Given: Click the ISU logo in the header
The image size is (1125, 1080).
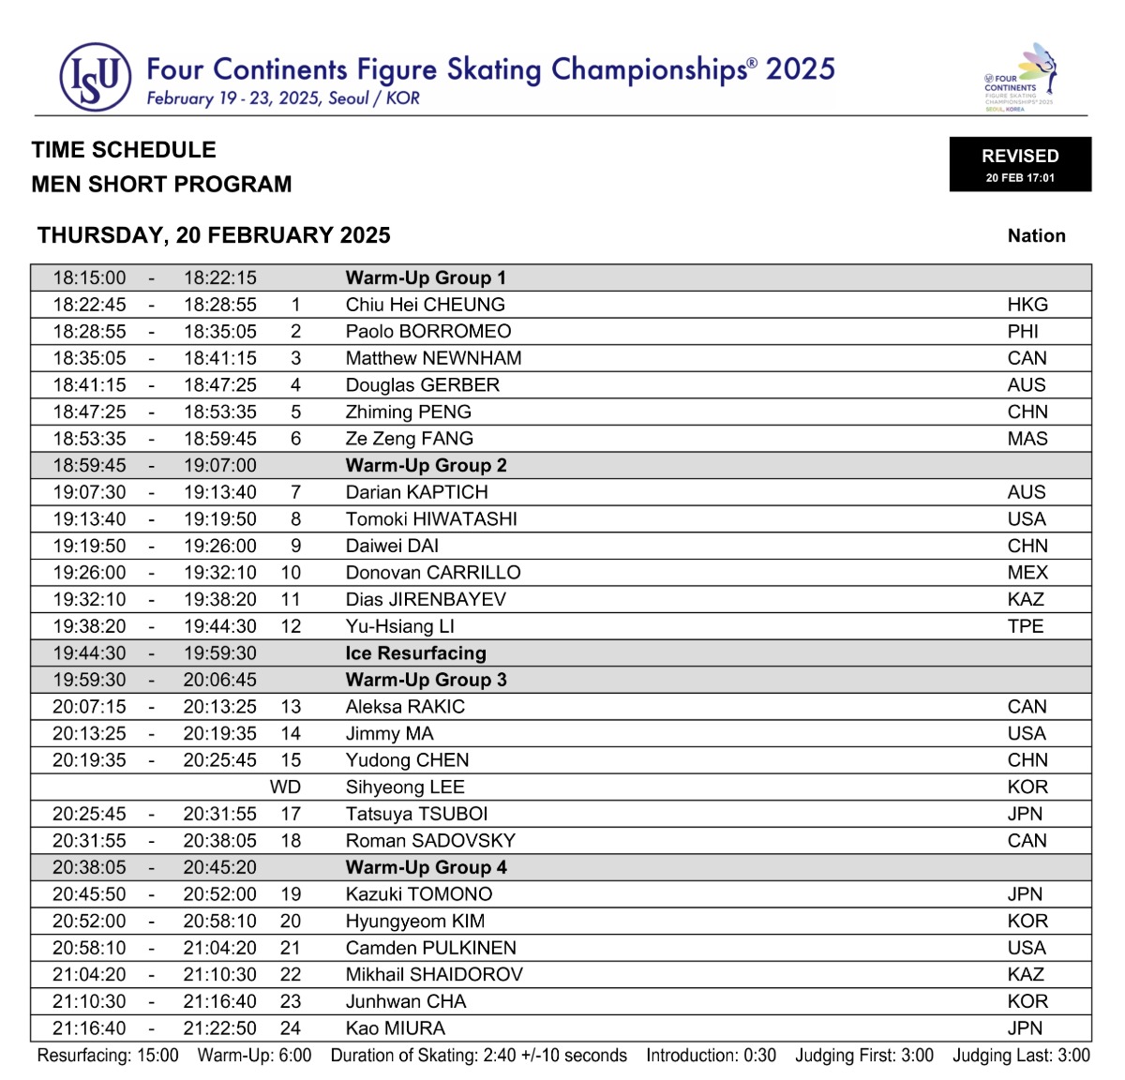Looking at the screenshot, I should tap(95, 78).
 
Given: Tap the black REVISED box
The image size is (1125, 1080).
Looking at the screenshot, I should tap(1020, 164).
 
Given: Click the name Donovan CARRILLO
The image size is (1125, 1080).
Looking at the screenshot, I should tap(432, 573).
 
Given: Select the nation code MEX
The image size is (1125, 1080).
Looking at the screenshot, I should tap(1027, 573).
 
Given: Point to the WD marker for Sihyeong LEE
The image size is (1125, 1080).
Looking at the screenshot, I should tap(285, 787).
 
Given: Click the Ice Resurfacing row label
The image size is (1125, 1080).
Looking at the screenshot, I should tap(415, 653).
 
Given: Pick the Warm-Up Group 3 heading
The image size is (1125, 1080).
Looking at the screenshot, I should tap(426, 680).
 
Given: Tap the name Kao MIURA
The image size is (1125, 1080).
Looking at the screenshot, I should tap(395, 1028).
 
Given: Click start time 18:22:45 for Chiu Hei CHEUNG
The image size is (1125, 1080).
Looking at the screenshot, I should tap(89, 305).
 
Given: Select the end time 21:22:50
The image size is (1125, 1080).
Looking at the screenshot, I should tap(219, 1028).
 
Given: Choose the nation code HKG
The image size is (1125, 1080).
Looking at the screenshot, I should tap(1027, 305).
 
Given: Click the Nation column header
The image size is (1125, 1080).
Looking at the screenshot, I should tap(1036, 236).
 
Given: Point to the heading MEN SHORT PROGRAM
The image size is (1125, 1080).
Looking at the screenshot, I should tap(161, 184).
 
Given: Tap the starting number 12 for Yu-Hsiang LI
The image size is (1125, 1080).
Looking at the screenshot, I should tap(291, 626).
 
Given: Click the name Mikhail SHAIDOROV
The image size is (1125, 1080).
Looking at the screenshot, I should tap(434, 975).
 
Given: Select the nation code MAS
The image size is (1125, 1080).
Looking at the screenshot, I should tap(1027, 439).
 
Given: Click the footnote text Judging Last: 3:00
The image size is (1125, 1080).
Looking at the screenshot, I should tap(1021, 1056).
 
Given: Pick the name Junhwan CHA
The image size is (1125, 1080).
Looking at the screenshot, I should tap(405, 1001).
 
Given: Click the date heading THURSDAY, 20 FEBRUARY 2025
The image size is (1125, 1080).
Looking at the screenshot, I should tap(214, 235).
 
